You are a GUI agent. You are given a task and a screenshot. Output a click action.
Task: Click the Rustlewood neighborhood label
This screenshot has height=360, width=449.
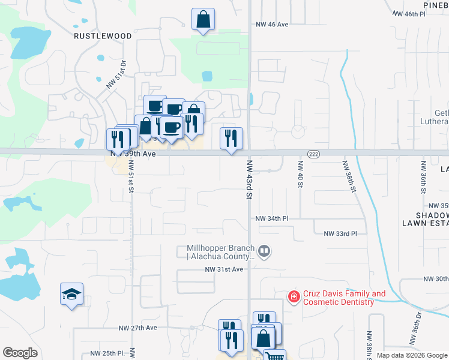click(x=103, y=36)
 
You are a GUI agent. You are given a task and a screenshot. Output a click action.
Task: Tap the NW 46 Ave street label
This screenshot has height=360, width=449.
click(x=272, y=25)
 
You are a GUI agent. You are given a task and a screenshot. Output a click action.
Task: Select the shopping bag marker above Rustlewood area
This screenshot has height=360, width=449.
click(x=203, y=19)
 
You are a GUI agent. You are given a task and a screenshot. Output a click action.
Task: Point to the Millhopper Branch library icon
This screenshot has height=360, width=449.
click(x=264, y=251)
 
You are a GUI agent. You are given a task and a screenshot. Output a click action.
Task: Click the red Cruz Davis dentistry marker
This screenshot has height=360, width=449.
click(x=294, y=296)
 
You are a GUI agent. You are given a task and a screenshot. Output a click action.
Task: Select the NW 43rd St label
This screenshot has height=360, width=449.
click(x=248, y=180)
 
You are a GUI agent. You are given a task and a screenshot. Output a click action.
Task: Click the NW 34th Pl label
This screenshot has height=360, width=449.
click(x=272, y=218)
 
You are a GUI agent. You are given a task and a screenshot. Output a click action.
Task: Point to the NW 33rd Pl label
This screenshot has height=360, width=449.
click(x=340, y=233)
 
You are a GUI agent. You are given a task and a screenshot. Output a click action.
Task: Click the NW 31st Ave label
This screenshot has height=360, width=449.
click(x=223, y=269)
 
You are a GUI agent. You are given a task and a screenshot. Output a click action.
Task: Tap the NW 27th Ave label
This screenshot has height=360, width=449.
click(x=137, y=328)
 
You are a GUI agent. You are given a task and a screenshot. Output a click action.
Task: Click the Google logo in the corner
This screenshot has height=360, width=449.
click(x=20, y=353)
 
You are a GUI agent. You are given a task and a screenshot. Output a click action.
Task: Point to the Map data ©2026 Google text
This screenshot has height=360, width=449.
click(x=412, y=355)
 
